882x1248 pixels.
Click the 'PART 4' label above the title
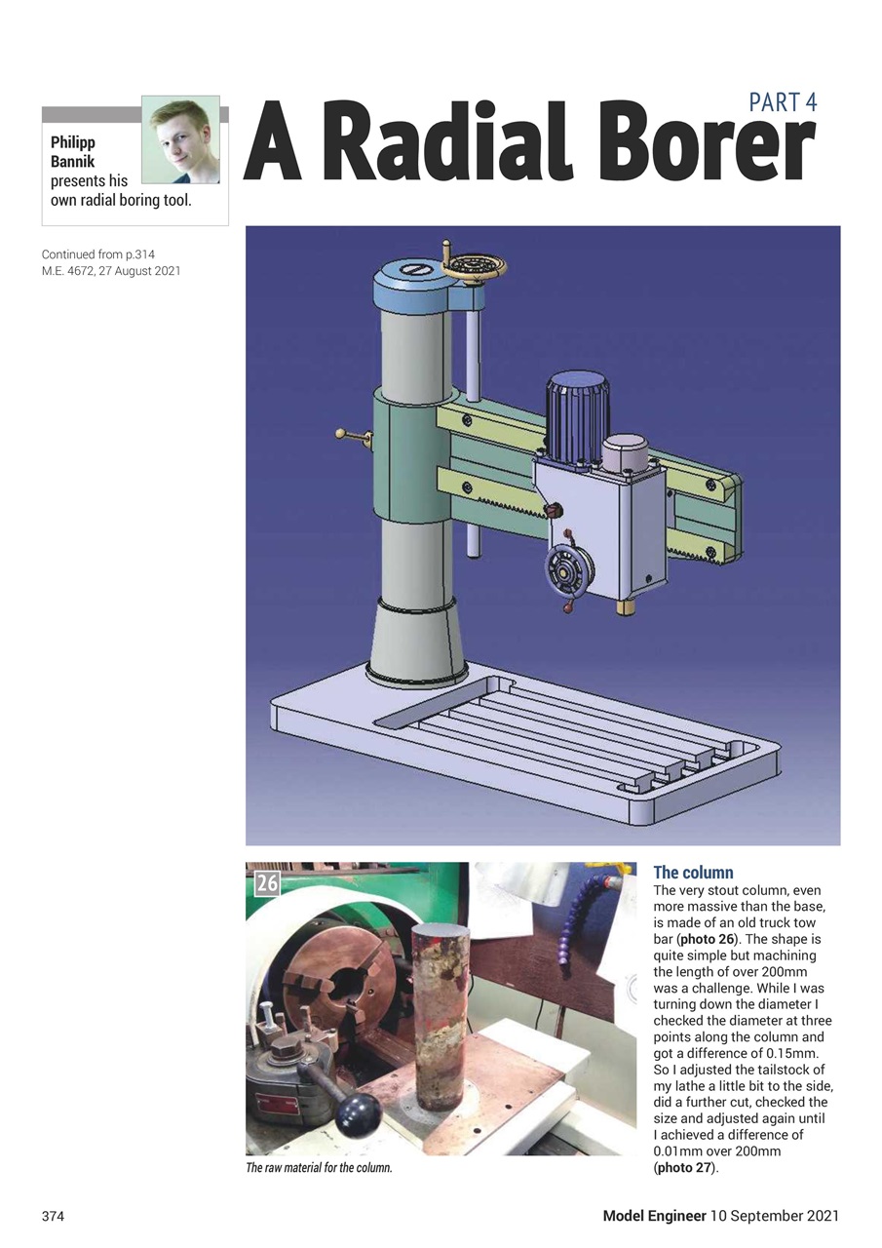click(783, 102)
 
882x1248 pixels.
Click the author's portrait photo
click(180, 139)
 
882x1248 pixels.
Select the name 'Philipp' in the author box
click(73, 142)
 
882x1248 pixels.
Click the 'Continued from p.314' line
click(97, 254)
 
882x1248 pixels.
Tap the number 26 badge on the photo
click(267, 883)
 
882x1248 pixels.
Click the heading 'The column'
click(693, 872)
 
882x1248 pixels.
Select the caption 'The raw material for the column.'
click(319, 1168)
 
